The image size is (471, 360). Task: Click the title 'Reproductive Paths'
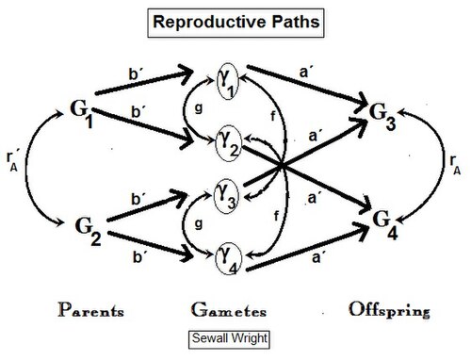(x=235, y=23)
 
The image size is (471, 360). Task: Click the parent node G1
(x=82, y=114)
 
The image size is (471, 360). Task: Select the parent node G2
(x=88, y=230)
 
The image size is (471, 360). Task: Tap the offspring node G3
(x=382, y=116)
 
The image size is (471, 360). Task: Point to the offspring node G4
(x=385, y=225)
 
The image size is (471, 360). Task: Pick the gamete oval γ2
(x=228, y=143)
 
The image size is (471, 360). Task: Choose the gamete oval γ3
(x=226, y=196)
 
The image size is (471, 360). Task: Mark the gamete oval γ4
(x=228, y=259)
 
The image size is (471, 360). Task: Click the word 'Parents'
(x=90, y=310)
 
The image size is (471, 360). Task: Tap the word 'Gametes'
(x=229, y=310)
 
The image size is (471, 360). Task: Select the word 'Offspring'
(x=389, y=310)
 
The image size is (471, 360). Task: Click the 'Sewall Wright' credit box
(x=229, y=339)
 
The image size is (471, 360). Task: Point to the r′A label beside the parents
(x=12, y=160)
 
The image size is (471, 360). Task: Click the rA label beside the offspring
(x=455, y=164)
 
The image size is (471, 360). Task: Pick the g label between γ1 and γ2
(x=199, y=108)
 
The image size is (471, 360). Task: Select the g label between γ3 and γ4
(x=199, y=224)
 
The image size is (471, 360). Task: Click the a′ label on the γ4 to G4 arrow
(x=317, y=257)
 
